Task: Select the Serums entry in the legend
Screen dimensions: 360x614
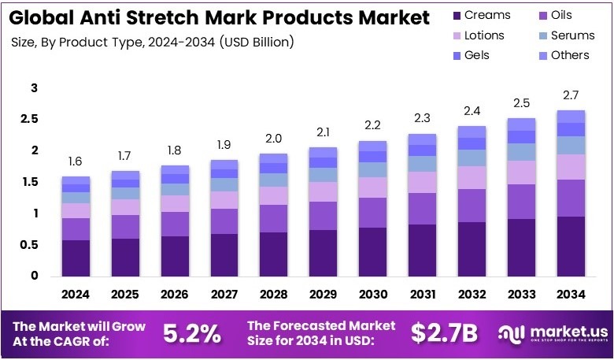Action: click(x=571, y=35)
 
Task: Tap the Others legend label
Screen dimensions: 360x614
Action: click(x=570, y=55)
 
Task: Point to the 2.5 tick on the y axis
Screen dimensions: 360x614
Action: click(x=29, y=119)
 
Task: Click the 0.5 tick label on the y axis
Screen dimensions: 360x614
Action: click(x=29, y=244)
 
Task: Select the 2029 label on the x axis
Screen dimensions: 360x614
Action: click(x=323, y=294)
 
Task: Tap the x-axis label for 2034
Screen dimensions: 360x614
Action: click(x=570, y=294)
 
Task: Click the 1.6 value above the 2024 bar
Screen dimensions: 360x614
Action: click(x=76, y=161)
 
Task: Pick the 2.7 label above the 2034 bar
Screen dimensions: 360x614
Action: click(x=570, y=95)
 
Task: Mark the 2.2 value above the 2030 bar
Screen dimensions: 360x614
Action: click(x=372, y=125)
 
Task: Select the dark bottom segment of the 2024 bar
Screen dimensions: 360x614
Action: click(x=76, y=258)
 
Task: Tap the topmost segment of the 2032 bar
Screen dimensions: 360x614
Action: click(x=471, y=132)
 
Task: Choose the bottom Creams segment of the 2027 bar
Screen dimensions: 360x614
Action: click(x=224, y=254)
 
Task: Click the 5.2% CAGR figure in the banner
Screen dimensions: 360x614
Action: click(x=192, y=333)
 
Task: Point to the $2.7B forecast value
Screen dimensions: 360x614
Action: click(x=444, y=333)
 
